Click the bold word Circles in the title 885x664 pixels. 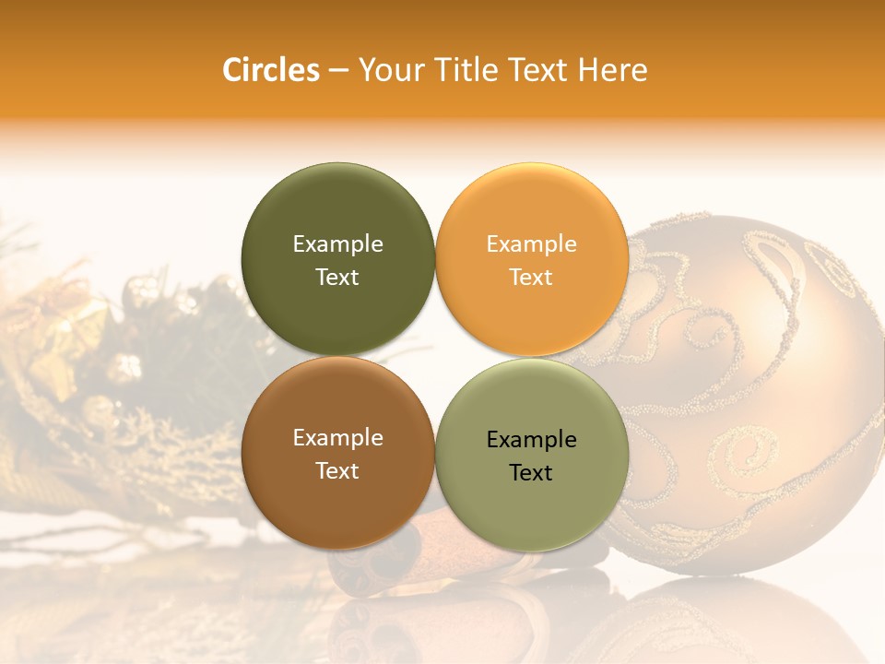(x=271, y=70)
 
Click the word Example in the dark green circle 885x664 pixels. (x=337, y=243)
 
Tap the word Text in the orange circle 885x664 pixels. (x=531, y=277)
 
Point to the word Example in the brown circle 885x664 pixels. (x=337, y=437)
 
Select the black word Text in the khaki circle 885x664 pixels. (x=531, y=472)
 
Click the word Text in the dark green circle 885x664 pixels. (x=337, y=277)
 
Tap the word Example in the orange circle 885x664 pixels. (x=531, y=243)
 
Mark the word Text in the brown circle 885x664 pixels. (x=337, y=470)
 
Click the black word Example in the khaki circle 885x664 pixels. (x=531, y=439)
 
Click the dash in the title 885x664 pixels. (x=338, y=71)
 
